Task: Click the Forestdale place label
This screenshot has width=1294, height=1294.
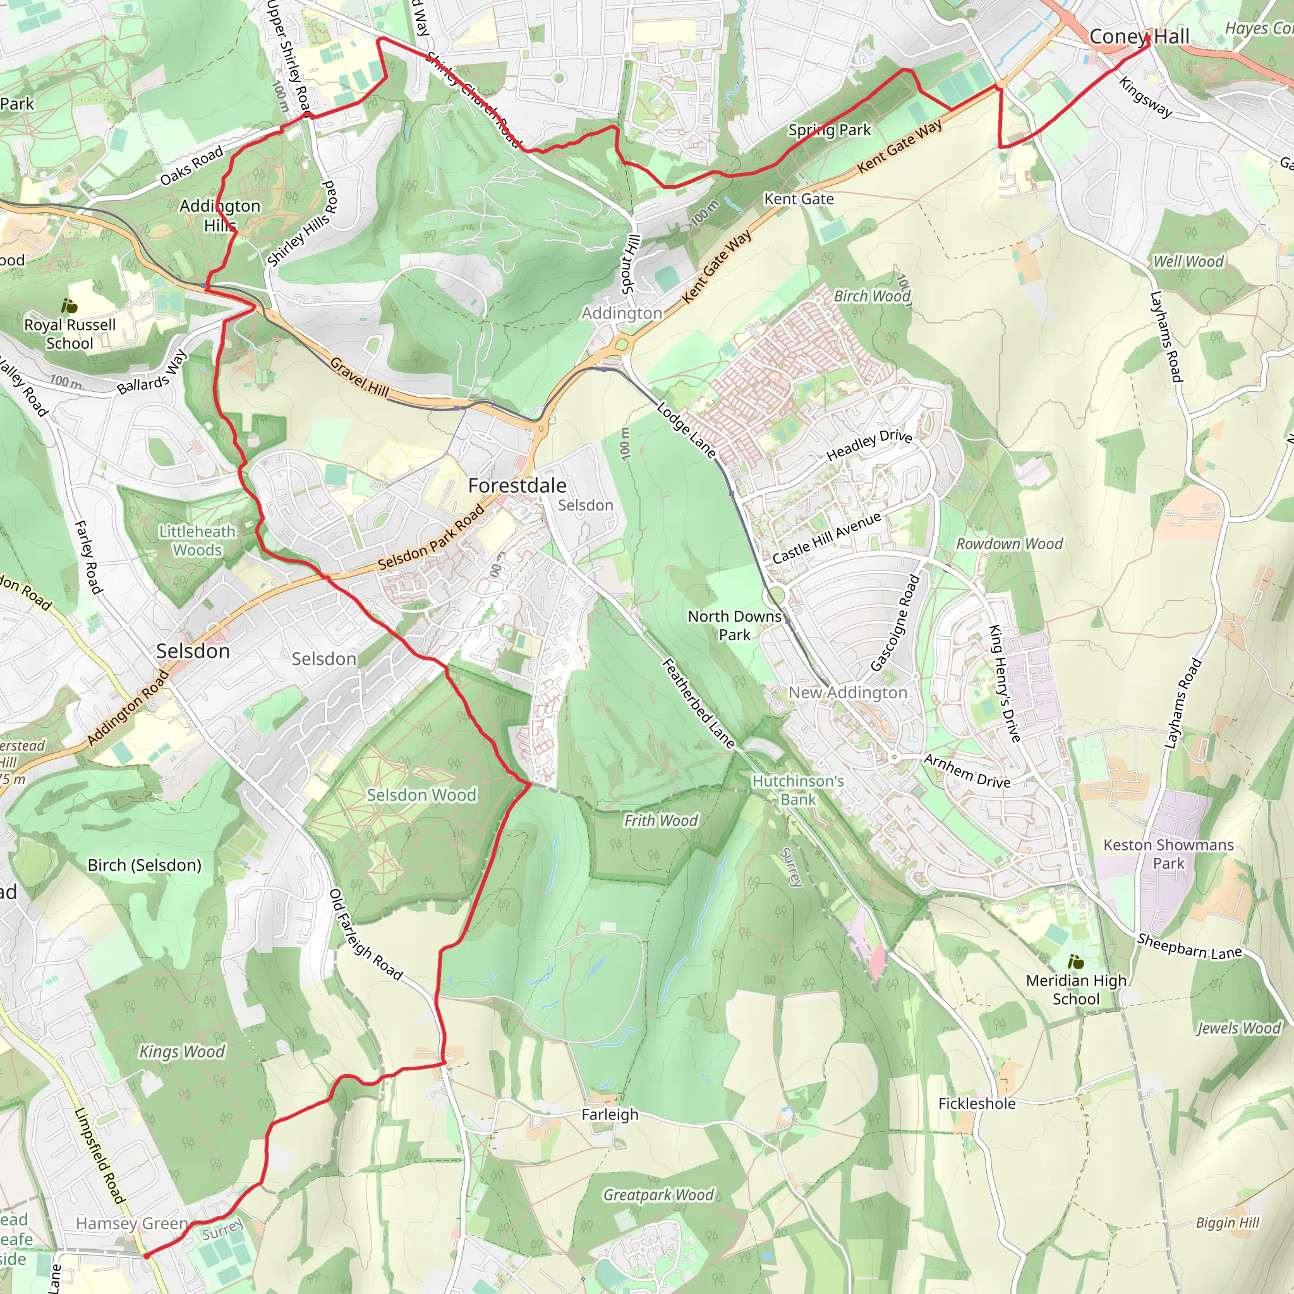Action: pos(517,486)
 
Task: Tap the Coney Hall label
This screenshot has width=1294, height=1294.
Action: pos(1139,37)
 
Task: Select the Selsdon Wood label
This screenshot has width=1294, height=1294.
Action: pos(421,795)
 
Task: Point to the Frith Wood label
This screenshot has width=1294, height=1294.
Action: pos(660,821)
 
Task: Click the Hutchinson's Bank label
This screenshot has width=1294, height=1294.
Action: pos(798,790)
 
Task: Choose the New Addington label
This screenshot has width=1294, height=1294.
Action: pos(847,692)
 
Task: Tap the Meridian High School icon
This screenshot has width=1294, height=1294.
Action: pos(1075,962)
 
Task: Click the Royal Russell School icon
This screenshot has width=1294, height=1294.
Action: pos(69,306)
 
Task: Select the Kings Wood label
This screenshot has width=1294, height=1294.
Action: pos(181,1051)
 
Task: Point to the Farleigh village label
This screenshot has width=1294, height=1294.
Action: pos(610,1115)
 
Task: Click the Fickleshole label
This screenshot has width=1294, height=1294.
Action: pos(977,1104)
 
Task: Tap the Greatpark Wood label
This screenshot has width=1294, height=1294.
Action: pos(658,1195)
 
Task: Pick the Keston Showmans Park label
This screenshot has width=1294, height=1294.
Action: pos(1168,854)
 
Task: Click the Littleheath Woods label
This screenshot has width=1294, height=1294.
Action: pos(197,540)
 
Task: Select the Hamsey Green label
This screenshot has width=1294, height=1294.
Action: pos(131,1224)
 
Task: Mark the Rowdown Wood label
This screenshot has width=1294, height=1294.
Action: pos(1008,544)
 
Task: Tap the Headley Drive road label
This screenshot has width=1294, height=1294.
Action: pos(869,445)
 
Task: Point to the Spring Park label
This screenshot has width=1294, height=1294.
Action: pos(829,130)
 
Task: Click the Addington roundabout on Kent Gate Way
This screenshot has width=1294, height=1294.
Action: pos(622,344)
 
